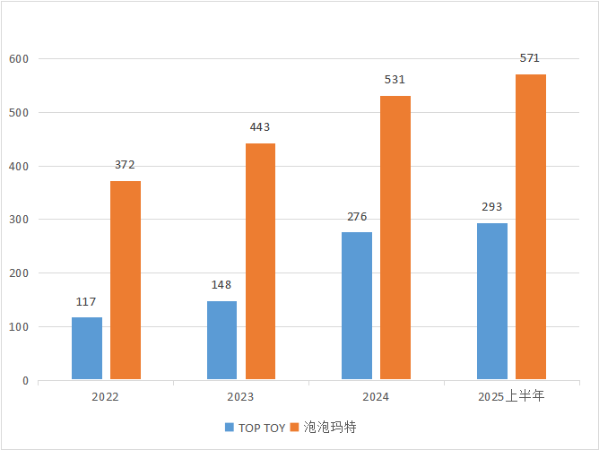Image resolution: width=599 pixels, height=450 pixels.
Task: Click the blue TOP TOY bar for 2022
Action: [x=87, y=348]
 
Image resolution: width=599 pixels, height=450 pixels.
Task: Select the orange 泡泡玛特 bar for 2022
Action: [x=126, y=280]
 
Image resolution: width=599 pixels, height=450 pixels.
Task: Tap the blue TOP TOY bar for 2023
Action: [x=221, y=340]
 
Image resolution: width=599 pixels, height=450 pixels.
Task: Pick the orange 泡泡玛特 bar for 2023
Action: [x=260, y=261]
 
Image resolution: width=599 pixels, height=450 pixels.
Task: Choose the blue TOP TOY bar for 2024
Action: [x=357, y=306]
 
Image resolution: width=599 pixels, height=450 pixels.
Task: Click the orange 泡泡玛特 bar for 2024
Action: [x=395, y=238]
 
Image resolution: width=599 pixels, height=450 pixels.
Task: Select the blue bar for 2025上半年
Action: [x=492, y=301]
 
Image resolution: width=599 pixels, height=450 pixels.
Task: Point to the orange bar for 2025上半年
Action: [x=531, y=227]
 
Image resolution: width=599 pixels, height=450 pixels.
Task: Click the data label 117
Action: [x=86, y=302]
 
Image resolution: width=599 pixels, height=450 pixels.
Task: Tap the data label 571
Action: [x=530, y=59]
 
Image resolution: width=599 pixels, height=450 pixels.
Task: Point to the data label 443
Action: [x=260, y=127]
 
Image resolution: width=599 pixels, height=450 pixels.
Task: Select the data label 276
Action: [x=357, y=217]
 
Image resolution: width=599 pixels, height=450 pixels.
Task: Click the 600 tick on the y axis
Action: [x=20, y=59]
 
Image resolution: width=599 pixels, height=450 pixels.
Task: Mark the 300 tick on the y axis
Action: [x=20, y=220]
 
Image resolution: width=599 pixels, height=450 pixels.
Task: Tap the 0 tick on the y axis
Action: [x=25, y=381]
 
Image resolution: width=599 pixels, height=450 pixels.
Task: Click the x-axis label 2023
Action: [x=240, y=396]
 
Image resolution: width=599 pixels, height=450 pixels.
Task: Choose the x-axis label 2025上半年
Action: [x=511, y=396]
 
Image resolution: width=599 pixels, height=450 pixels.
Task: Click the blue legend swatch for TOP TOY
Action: [x=230, y=428]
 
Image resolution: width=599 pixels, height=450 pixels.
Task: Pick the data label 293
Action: [x=492, y=207]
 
